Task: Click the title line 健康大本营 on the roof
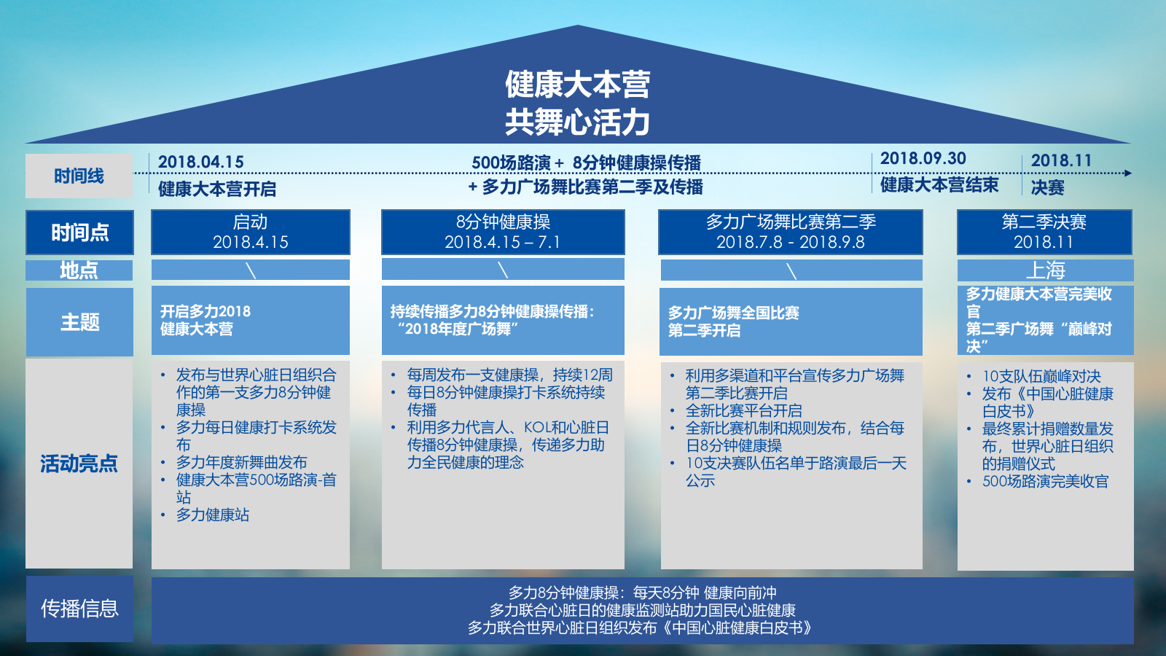(577, 85)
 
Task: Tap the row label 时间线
(79, 176)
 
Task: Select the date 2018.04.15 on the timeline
(200, 162)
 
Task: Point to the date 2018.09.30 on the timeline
(923, 158)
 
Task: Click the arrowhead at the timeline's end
(1128, 173)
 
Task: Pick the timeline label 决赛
(1047, 188)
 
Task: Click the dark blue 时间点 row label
(79, 233)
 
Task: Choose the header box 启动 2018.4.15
(250, 232)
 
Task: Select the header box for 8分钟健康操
(503, 232)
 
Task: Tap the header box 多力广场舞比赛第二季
(790, 232)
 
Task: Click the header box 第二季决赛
(1044, 232)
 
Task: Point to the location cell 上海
(1045, 270)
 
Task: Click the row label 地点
(79, 270)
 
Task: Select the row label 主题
(79, 321)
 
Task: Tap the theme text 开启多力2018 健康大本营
(206, 320)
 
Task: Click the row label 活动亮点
(79, 464)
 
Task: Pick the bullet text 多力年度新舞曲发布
(241, 462)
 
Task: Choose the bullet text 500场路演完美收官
(1045, 481)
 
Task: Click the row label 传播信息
(79, 609)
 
